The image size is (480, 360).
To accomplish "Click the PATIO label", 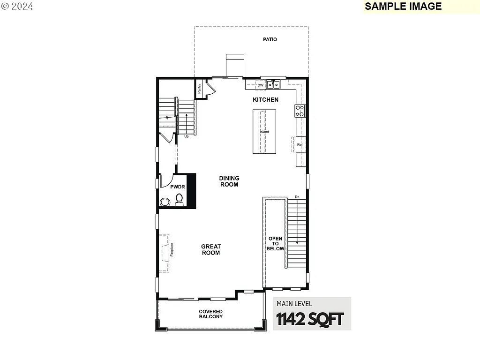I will coord(270,39).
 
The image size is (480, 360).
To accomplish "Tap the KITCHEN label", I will coord(266,99).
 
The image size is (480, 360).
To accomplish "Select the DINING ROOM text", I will coord(229,181).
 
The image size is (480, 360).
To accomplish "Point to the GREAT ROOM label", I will coord(211,250).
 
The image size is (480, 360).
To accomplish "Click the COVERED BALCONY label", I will coord(210,314).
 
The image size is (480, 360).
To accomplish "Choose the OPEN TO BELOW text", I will coord(276,243).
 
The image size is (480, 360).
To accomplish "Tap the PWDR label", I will coord(178,187).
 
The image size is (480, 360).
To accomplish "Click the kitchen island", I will coord(264,132).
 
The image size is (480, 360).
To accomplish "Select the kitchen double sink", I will coord(273,85).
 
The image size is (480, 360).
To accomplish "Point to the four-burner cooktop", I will coord(300,111).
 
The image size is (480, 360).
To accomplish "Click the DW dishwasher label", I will coord(260,85).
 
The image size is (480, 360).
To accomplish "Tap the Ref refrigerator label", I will coord(300,145).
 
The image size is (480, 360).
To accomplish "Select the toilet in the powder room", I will coord(179,201).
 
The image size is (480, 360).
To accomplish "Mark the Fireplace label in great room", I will coord(172,249).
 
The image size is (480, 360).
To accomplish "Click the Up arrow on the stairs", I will coord(186,124).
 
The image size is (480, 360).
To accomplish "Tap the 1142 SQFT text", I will coord(310,319).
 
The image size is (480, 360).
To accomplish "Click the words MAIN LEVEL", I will coord(294,304).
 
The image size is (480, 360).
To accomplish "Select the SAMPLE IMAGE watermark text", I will coord(403,6).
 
